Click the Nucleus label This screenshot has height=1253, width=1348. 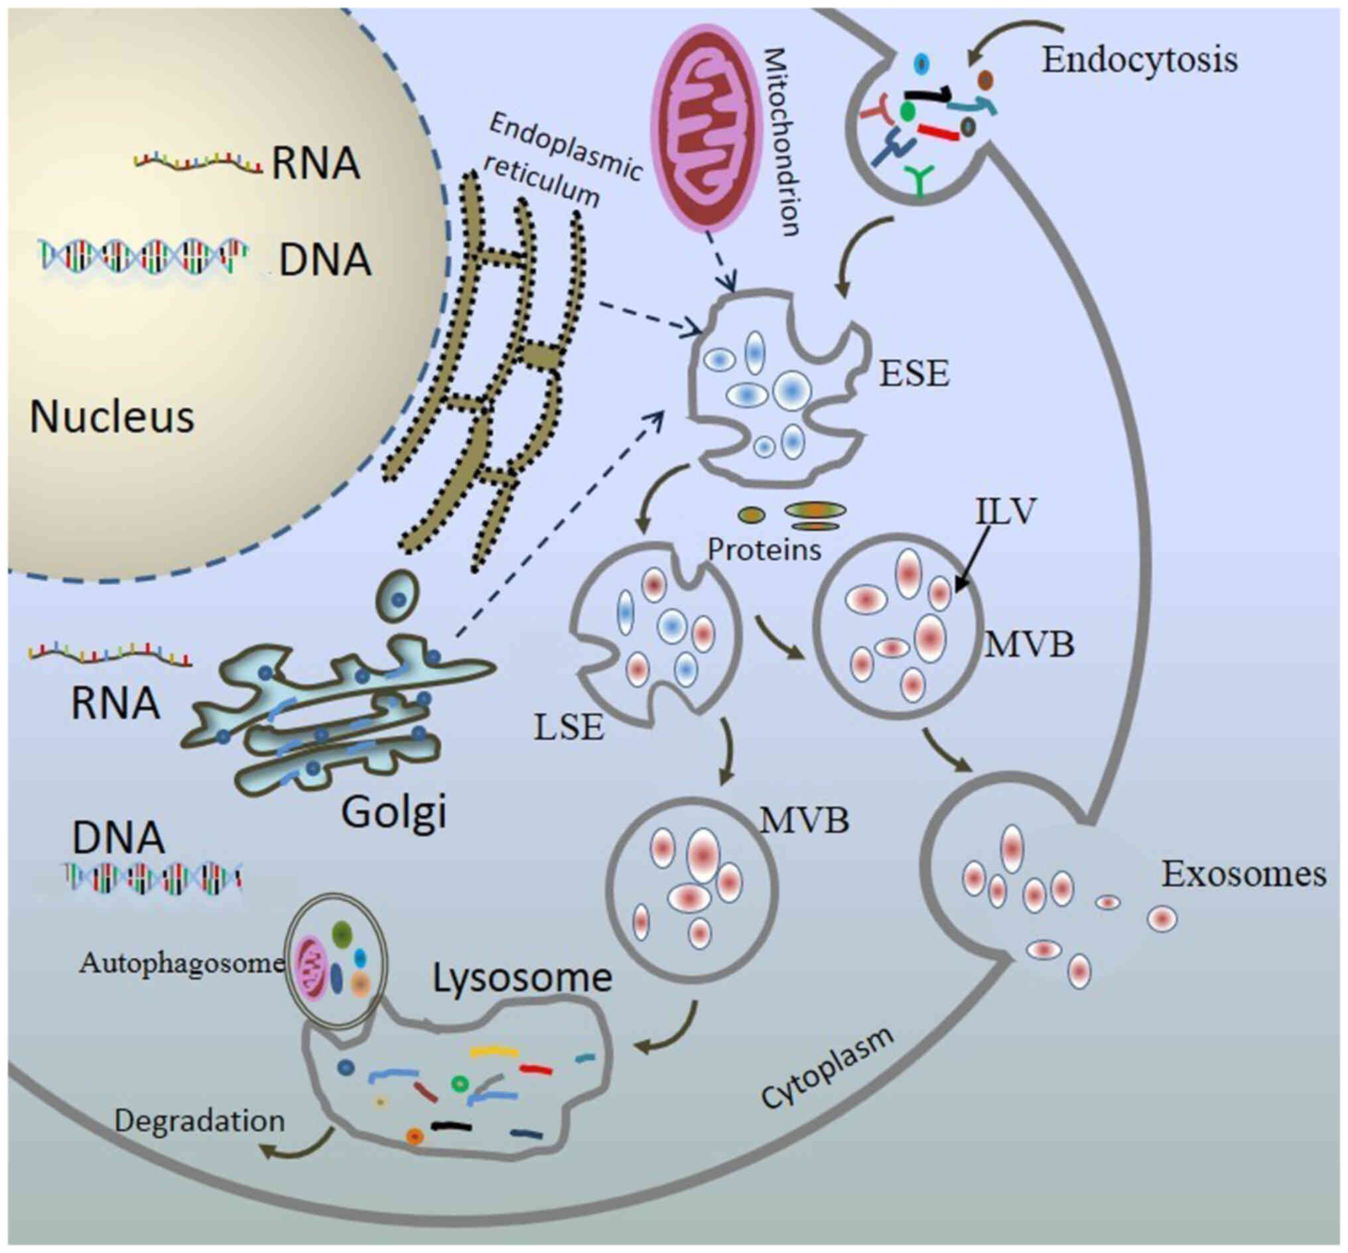(x=112, y=417)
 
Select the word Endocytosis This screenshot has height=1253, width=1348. (x=1139, y=60)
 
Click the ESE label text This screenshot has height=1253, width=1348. (x=914, y=373)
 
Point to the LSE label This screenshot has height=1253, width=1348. (x=569, y=728)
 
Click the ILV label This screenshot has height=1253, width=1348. (x=1006, y=512)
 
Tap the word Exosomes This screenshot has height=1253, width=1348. (x=1244, y=874)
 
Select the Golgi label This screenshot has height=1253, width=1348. (x=395, y=813)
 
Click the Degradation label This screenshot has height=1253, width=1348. (x=200, y=1121)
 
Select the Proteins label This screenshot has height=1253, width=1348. (x=764, y=550)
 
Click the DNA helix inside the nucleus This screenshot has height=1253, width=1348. (x=143, y=256)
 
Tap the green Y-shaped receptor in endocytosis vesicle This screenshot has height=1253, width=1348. (x=919, y=179)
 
